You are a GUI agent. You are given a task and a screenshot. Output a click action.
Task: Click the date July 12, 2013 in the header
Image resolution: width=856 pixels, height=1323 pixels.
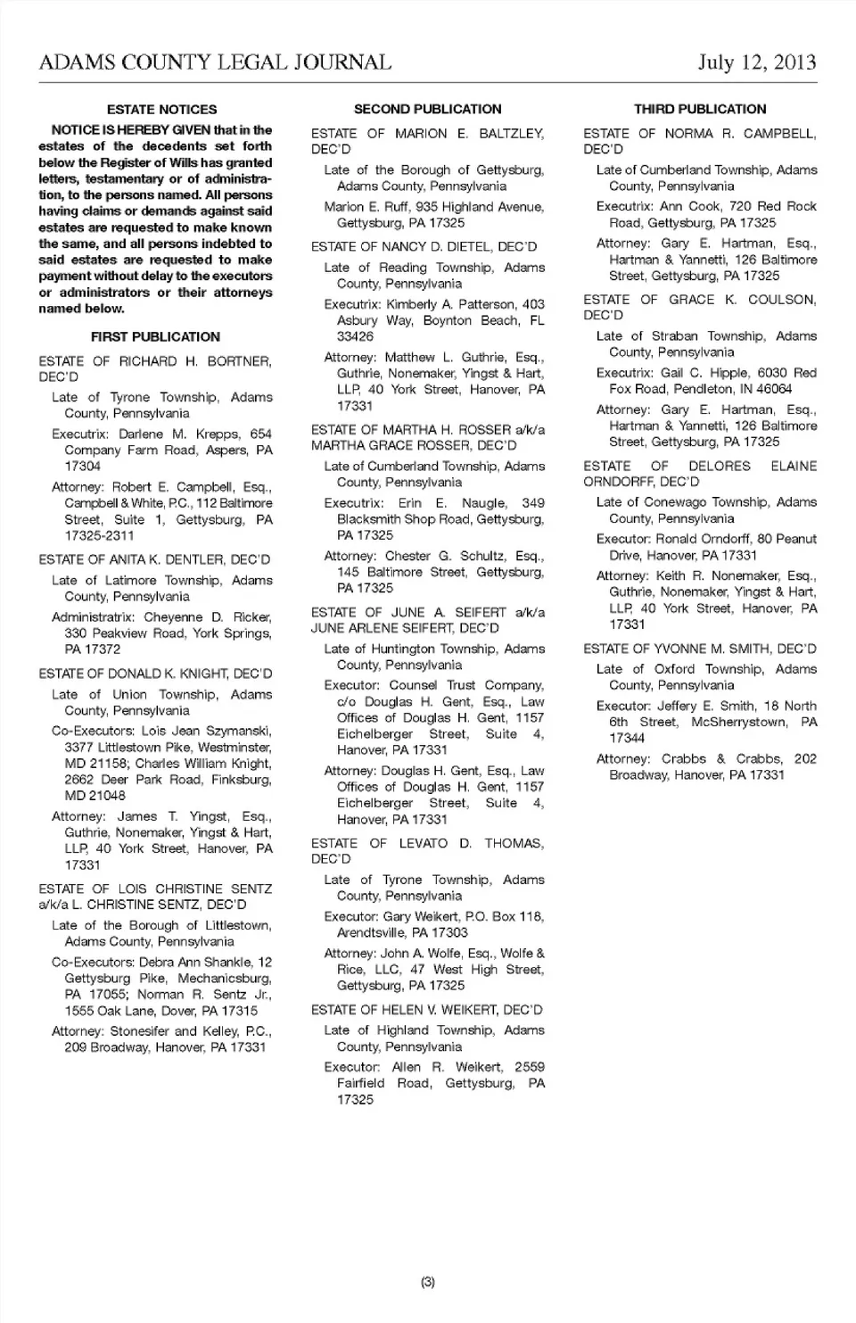pos(757,62)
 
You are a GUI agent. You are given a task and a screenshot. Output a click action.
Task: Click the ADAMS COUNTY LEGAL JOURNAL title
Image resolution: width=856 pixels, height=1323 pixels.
pos(215,62)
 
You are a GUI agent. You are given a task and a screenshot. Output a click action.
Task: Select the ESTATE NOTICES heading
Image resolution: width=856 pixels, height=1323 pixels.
pos(161,110)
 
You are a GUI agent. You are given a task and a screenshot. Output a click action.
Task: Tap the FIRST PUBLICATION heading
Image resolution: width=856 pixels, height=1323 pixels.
pos(155,337)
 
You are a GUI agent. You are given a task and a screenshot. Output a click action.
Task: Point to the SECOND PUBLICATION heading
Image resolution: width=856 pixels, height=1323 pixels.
pos(427,110)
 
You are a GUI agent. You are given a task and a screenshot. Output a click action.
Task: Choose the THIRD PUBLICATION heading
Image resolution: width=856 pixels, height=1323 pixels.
pos(700,110)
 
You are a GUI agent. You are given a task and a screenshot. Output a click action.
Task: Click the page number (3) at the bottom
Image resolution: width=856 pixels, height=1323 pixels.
pos(428,1282)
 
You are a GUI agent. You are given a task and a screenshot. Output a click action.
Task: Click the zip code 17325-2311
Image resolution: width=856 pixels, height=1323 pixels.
pos(99,536)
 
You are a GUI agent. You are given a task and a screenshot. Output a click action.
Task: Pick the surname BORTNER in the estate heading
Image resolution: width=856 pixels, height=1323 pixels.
pos(240,361)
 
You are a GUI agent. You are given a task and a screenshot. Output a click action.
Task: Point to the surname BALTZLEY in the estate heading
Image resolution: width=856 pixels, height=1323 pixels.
pos(511,134)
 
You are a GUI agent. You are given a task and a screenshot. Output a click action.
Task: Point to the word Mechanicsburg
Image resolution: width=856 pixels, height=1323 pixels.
pos(224,979)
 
